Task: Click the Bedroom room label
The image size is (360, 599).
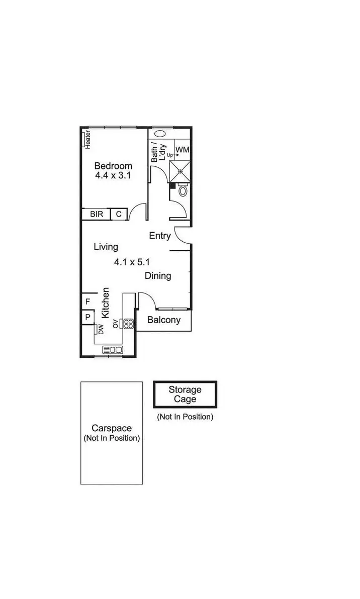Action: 113,166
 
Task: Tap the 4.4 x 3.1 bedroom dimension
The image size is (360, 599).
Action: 113,176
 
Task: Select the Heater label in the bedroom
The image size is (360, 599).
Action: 87,139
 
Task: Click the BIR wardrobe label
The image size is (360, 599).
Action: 97,215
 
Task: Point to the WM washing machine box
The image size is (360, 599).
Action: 182,150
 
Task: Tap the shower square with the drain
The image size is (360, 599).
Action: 180,171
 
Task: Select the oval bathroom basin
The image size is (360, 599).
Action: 160,134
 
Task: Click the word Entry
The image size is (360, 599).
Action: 160,236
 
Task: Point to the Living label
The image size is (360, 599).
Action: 106,247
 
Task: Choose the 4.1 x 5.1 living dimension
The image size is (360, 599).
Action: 133,262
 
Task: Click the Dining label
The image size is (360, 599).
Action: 158,276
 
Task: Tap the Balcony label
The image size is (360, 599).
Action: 163,320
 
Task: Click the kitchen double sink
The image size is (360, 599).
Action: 113,350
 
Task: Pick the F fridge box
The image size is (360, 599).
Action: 87,302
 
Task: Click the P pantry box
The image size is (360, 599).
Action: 87,317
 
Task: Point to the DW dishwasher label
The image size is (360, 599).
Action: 101,329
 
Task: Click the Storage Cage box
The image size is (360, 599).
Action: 185,394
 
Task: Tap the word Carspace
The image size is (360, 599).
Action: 112,429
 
